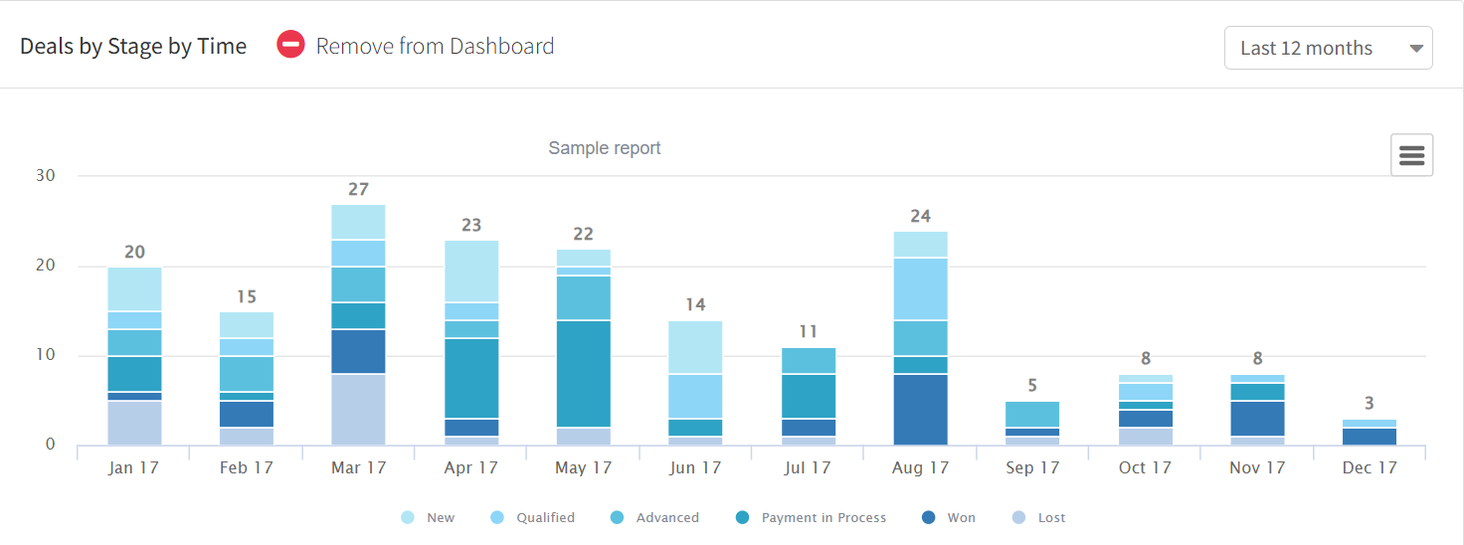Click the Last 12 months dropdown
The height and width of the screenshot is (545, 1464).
pyautogui.click(x=1328, y=48)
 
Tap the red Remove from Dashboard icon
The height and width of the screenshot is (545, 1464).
pyautogui.click(x=290, y=46)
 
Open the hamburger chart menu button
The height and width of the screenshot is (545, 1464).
pyautogui.click(x=1411, y=155)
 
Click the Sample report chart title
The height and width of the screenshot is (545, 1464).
pyautogui.click(x=605, y=148)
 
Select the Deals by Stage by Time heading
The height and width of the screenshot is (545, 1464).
pyautogui.click(x=133, y=47)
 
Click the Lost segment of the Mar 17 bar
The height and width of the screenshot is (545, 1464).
pyautogui.click(x=359, y=409)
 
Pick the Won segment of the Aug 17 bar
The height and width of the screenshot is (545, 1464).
pyautogui.click(x=921, y=409)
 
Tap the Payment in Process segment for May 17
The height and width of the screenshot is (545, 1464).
pyautogui.click(x=584, y=373)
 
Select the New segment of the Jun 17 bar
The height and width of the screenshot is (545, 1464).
pyautogui.click(x=696, y=347)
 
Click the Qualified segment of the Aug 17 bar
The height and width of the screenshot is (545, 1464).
pyautogui.click(x=921, y=288)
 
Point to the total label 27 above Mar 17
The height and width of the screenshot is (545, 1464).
pyautogui.click(x=359, y=189)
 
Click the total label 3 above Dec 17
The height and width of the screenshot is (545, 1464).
pyautogui.click(x=1370, y=403)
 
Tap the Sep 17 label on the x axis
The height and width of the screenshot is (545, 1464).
pyautogui.click(x=1033, y=467)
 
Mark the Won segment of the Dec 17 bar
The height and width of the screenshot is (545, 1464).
pyautogui.click(x=1370, y=437)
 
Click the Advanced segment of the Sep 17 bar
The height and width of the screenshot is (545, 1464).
pyautogui.click(x=1033, y=414)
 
